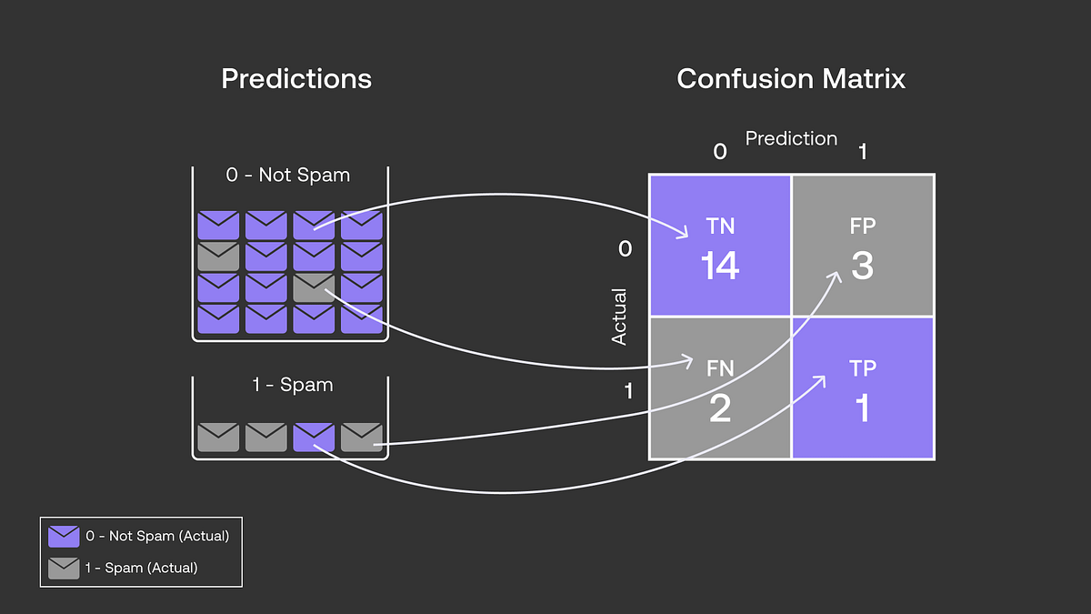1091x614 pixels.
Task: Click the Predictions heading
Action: (296, 79)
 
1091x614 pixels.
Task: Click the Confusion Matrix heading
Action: (791, 79)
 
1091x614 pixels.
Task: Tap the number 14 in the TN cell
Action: (719, 266)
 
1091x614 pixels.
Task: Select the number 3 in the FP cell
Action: (862, 266)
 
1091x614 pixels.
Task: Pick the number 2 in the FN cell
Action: (719, 408)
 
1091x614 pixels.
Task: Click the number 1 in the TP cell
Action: (862, 408)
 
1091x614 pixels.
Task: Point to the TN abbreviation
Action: (719, 226)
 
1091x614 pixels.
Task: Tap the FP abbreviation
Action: (862, 226)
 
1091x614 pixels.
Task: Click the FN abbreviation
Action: (719, 368)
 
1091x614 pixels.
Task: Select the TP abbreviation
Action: (862, 368)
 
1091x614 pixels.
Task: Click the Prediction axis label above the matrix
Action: (791, 138)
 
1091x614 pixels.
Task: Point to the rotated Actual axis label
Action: (619, 317)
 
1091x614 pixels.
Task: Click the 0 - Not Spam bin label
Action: (288, 175)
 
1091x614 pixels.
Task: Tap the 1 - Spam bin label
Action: (292, 385)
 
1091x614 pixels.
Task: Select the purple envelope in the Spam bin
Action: (314, 438)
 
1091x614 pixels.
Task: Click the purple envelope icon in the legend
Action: (64, 537)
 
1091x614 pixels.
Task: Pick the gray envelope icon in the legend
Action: (64, 568)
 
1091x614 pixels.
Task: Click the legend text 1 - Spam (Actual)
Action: (142, 568)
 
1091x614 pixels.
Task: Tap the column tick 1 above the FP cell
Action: (862, 152)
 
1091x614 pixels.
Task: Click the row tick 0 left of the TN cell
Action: (625, 248)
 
